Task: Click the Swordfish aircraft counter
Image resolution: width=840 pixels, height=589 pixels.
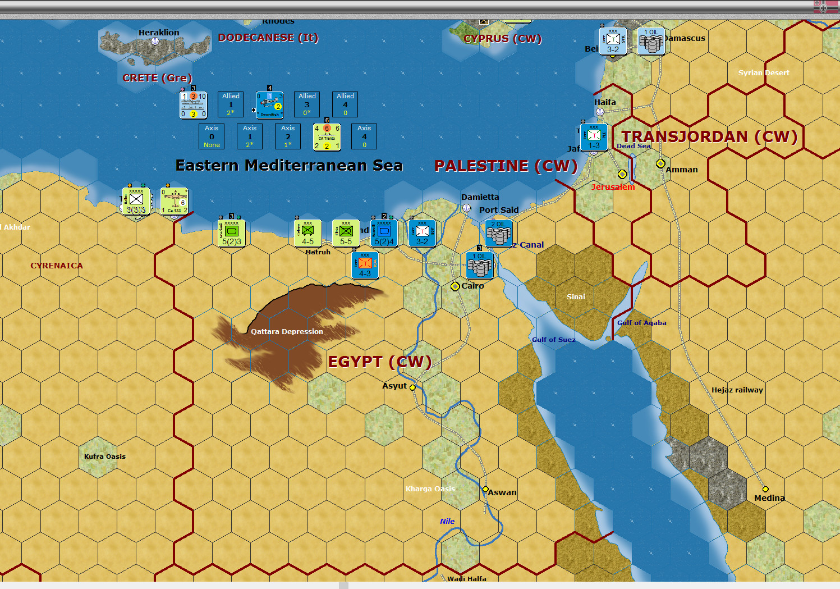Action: coord(269,104)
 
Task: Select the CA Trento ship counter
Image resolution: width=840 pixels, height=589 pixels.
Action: coord(327,137)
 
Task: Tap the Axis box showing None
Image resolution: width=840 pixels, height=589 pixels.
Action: coord(212,136)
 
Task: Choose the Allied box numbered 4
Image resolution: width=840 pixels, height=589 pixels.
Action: coord(345,104)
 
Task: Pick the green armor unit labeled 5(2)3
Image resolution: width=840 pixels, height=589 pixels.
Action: coord(232,233)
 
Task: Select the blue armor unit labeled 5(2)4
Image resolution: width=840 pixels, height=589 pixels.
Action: coord(384,233)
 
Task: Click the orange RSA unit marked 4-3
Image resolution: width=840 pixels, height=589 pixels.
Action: coord(365,266)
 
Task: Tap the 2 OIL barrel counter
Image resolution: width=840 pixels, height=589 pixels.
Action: coord(498,233)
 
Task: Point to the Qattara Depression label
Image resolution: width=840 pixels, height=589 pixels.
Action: coord(287,332)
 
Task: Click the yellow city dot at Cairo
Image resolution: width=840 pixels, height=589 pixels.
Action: coord(455,286)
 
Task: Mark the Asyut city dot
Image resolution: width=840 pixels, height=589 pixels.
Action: coord(413,387)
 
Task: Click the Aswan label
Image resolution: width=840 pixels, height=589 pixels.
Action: coord(502,492)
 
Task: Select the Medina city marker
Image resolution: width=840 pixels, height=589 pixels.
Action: coord(765,489)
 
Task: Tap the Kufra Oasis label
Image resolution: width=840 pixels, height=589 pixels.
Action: coord(105,456)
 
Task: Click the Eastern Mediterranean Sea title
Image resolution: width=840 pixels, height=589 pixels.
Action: coord(289,166)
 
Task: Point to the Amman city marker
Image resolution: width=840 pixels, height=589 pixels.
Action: coord(660,163)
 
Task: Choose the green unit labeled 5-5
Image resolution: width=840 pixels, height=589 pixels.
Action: coord(346,233)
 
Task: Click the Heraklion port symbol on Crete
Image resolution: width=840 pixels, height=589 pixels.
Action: coord(155,41)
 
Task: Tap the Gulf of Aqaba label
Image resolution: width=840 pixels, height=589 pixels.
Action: coord(641,323)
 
